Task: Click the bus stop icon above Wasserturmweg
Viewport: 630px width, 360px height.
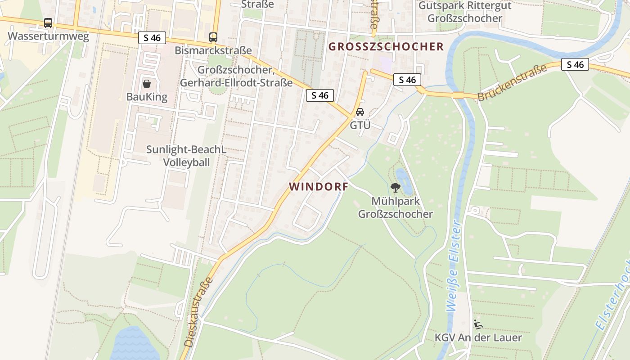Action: pyautogui.click(x=48, y=22)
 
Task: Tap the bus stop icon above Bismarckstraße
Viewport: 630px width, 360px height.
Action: pyautogui.click(x=213, y=37)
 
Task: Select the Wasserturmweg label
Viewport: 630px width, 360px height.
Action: pyautogui.click(x=48, y=36)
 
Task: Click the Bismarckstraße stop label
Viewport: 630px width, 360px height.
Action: pyautogui.click(x=213, y=50)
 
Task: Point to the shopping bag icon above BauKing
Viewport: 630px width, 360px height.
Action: pyautogui.click(x=147, y=83)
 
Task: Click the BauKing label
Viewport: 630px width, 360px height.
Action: pyautogui.click(x=147, y=97)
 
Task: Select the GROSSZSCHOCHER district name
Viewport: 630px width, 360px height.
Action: pyautogui.click(x=386, y=46)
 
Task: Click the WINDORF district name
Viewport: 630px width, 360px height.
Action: pyautogui.click(x=319, y=186)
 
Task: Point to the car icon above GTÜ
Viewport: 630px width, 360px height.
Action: pyautogui.click(x=360, y=112)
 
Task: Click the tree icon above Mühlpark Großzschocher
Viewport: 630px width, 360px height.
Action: pyautogui.click(x=396, y=188)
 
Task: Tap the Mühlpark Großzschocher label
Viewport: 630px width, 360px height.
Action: pyautogui.click(x=396, y=207)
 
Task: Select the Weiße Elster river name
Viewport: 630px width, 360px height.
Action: pyautogui.click(x=454, y=265)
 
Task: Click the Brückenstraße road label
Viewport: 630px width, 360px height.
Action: pyautogui.click(x=512, y=82)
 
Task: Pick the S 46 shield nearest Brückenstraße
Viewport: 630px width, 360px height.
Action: pyautogui.click(x=575, y=65)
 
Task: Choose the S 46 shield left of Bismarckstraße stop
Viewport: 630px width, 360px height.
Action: pyautogui.click(x=152, y=38)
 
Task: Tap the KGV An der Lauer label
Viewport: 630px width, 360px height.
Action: pyautogui.click(x=478, y=337)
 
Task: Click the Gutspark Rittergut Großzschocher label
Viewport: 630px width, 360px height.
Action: pyautogui.click(x=465, y=12)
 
